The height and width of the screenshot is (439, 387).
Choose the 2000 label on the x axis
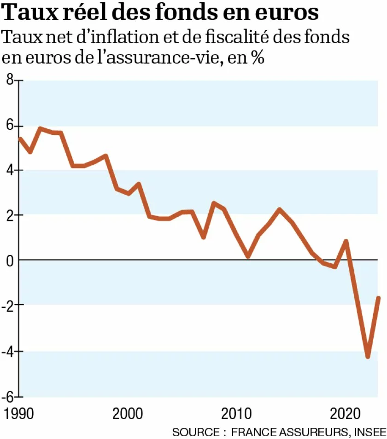(128, 412)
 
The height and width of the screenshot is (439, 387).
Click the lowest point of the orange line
(368, 356)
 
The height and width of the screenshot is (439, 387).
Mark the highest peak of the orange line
(41, 128)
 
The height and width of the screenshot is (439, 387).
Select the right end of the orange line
(379, 298)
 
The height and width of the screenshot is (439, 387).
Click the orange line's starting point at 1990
(20, 139)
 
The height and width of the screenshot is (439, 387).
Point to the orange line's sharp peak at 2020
(346, 241)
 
